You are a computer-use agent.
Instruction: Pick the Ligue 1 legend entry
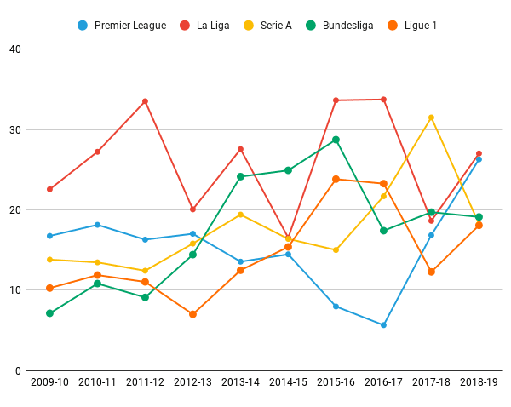[413, 26]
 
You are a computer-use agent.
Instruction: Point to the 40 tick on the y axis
[15, 49]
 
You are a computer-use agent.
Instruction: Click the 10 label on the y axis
[15, 290]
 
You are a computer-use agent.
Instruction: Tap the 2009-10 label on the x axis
[49, 383]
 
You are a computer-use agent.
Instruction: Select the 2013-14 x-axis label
[240, 383]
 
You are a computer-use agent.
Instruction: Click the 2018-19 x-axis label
[479, 383]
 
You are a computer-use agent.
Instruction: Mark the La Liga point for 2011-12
[145, 101]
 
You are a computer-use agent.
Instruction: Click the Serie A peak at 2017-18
[431, 118]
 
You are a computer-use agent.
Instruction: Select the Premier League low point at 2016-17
[383, 325]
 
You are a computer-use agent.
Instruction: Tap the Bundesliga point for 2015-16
[336, 140]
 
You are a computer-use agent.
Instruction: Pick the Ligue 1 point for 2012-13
[192, 314]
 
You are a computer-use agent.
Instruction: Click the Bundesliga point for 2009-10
[49, 313]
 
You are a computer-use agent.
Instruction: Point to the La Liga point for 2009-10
[49, 189]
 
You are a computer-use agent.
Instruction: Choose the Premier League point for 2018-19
[479, 159]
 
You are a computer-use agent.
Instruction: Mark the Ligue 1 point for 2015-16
[336, 179]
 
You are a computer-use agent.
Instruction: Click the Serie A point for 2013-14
[240, 215]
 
